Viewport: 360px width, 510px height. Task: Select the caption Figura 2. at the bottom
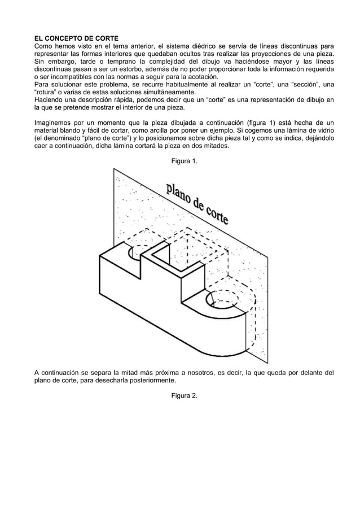185,395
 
